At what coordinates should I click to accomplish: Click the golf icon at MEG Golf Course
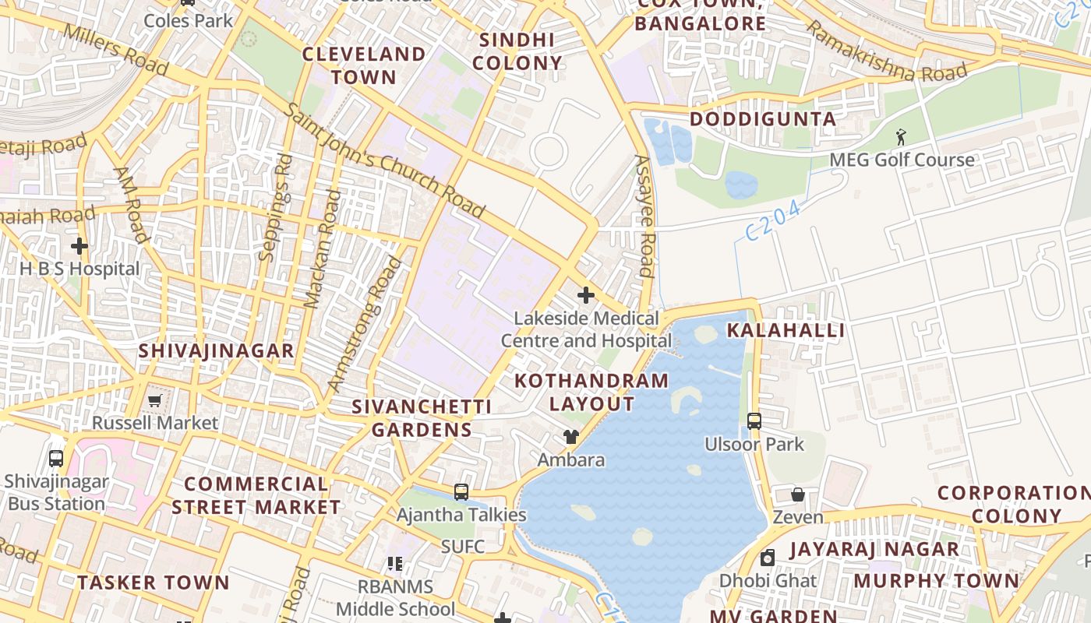(x=902, y=137)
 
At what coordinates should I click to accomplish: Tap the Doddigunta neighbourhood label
(x=763, y=119)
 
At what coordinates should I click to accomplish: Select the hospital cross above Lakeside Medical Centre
(x=586, y=295)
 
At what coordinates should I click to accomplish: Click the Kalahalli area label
(x=786, y=330)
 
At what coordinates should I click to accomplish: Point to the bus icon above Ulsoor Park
(x=754, y=421)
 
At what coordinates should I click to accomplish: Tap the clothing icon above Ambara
(x=571, y=437)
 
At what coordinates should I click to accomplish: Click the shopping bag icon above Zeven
(x=798, y=495)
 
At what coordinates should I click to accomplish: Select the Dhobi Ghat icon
(x=768, y=558)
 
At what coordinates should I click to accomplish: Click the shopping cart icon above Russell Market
(x=154, y=400)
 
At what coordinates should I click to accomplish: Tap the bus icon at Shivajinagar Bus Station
(x=56, y=458)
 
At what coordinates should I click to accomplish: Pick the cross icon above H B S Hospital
(x=79, y=246)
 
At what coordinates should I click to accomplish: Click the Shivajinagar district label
(x=216, y=350)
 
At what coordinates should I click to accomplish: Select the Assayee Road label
(x=644, y=216)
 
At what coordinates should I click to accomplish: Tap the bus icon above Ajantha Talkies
(x=461, y=492)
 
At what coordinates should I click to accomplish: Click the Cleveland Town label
(x=364, y=65)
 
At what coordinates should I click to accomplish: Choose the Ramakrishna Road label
(x=885, y=52)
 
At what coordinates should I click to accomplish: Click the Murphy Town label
(x=936, y=581)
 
